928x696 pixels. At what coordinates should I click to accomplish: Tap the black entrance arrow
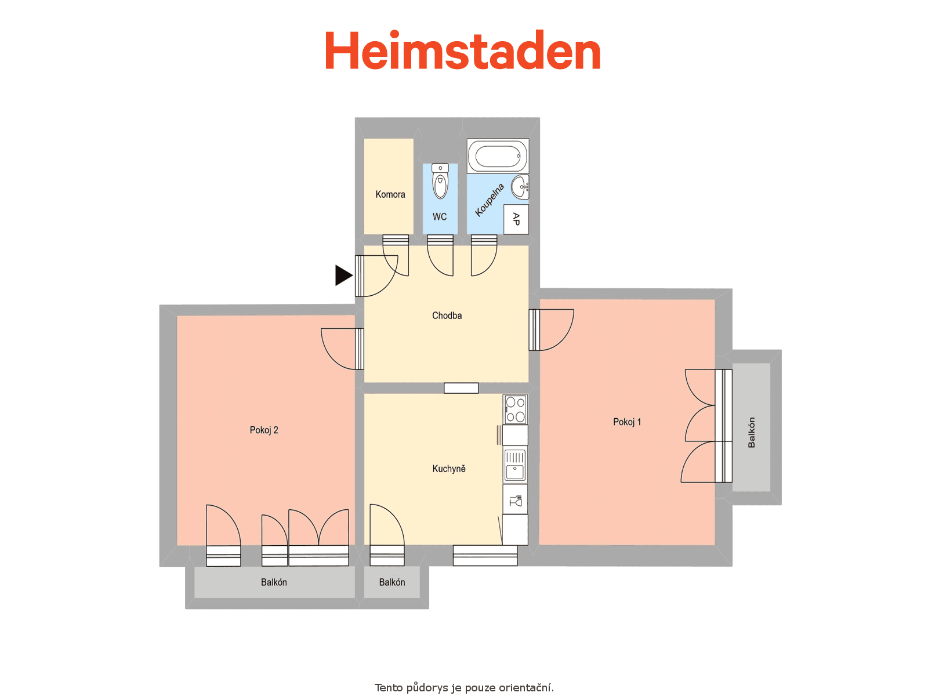[x=344, y=275]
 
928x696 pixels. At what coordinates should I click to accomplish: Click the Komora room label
[x=390, y=194]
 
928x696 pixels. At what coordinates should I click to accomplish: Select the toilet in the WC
[x=440, y=181]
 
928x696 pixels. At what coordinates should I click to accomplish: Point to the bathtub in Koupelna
[x=498, y=155]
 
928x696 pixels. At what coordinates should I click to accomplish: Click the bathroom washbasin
[x=520, y=186]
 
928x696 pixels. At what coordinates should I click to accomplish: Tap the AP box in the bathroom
[x=516, y=219]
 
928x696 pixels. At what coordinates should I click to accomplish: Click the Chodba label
[x=447, y=316]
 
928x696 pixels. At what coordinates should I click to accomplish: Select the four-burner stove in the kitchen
[x=515, y=409]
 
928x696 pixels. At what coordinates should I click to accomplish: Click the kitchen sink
[x=515, y=465]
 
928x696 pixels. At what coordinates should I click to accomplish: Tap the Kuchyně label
[x=448, y=468]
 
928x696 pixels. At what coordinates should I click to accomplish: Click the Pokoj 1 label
[x=627, y=422]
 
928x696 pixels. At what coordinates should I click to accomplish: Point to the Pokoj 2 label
[x=264, y=430]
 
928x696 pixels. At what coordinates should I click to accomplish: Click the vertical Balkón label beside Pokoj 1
[x=751, y=433]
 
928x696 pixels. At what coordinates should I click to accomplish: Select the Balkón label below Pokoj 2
[x=274, y=582]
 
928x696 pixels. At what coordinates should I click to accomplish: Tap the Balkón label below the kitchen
[x=392, y=582]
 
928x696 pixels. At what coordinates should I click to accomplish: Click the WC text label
[x=440, y=217]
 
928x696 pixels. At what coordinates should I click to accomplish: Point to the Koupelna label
[x=490, y=200]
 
